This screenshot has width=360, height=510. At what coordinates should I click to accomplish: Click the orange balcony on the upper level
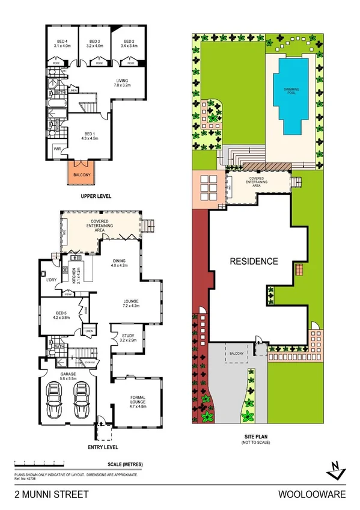pyautogui.click(x=81, y=174)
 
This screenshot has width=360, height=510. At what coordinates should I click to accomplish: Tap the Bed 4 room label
pyautogui.click(x=62, y=42)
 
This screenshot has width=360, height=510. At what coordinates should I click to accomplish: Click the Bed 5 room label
pyautogui.click(x=62, y=313)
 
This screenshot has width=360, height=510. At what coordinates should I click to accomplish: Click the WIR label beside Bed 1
pyautogui.click(x=57, y=148)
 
